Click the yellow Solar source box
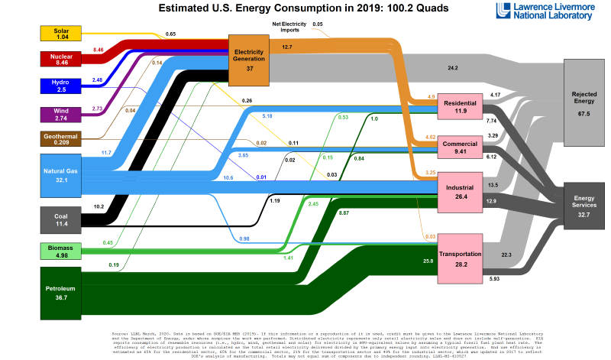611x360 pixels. pyautogui.click(x=63, y=34)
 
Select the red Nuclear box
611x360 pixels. pyautogui.click(x=63, y=59)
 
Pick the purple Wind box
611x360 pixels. pyautogui.click(x=63, y=115)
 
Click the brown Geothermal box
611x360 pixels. pyautogui.click(x=63, y=139)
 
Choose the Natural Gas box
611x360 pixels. pyautogui.click(x=63, y=176)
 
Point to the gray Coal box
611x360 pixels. pyautogui.click(x=63, y=219)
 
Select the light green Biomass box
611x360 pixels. pyautogui.click(x=63, y=251)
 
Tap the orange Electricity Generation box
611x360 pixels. pyautogui.click(x=250, y=60)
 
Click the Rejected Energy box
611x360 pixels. pyautogui.click(x=584, y=102)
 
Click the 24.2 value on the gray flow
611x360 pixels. pyautogui.click(x=453, y=68)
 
